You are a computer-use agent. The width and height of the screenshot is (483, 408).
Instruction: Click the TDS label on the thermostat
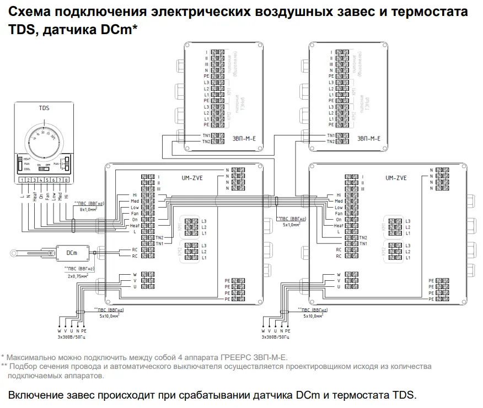44,108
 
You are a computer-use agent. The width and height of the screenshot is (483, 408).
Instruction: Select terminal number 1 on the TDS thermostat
21,180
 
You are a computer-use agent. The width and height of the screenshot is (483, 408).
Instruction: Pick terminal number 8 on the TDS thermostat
67,180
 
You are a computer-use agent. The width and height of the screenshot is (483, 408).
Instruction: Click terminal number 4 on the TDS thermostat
40,180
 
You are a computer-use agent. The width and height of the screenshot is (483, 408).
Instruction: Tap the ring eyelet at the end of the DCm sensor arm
12,253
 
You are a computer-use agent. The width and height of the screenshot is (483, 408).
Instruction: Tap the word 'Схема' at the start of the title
29,12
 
